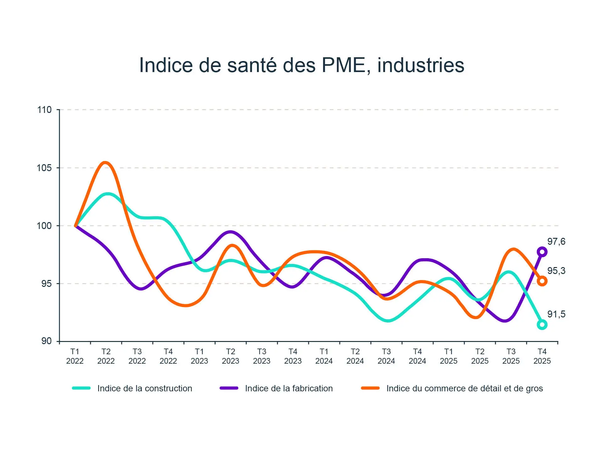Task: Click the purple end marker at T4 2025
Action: click(x=542, y=252)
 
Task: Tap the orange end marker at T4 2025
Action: click(x=542, y=281)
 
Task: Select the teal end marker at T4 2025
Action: click(x=542, y=324)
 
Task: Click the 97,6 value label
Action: click(x=556, y=242)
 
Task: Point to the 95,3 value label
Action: click(x=556, y=271)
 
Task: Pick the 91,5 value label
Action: click(x=556, y=314)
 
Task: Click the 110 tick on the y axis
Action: click(x=44, y=110)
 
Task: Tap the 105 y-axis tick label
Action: click(x=44, y=168)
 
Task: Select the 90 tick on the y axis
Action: click(x=46, y=341)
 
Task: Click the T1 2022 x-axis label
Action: click(x=75, y=356)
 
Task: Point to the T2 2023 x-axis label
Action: click(x=231, y=356)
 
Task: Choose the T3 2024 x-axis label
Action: click(x=386, y=356)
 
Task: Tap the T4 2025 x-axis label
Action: click(x=542, y=356)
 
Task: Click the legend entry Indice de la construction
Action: click(x=145, y=389)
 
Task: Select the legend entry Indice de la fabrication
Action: click(x=289, y=389)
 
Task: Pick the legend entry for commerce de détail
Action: click(x=465, y=389)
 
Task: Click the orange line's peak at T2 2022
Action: click(x=105, y=163)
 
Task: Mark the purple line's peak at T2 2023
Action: click(x=231, y=232)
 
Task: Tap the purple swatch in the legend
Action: click(x=229, y=388)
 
